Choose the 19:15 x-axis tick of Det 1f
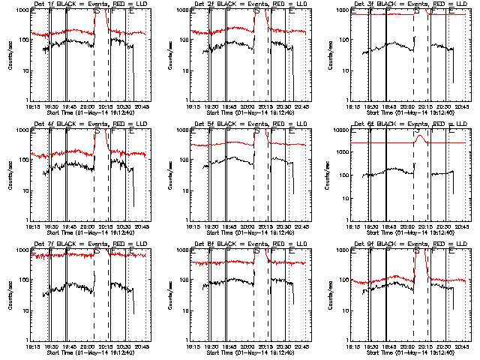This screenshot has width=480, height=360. click(x=30, y=106)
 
